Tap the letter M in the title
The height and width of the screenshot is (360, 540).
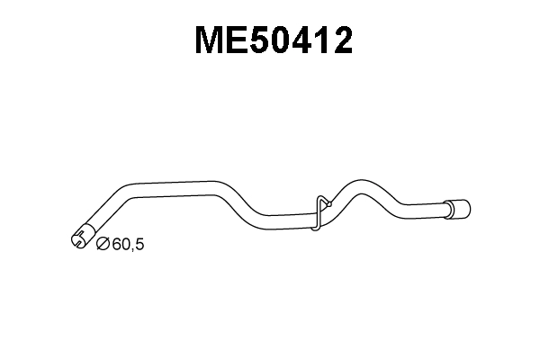(212, 40)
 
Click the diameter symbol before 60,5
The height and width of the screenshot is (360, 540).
(102, 243)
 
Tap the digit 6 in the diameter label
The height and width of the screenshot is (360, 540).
(116, 243)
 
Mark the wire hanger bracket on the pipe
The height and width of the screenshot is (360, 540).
(321, 212)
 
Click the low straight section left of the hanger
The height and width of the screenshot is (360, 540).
(283, 216)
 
